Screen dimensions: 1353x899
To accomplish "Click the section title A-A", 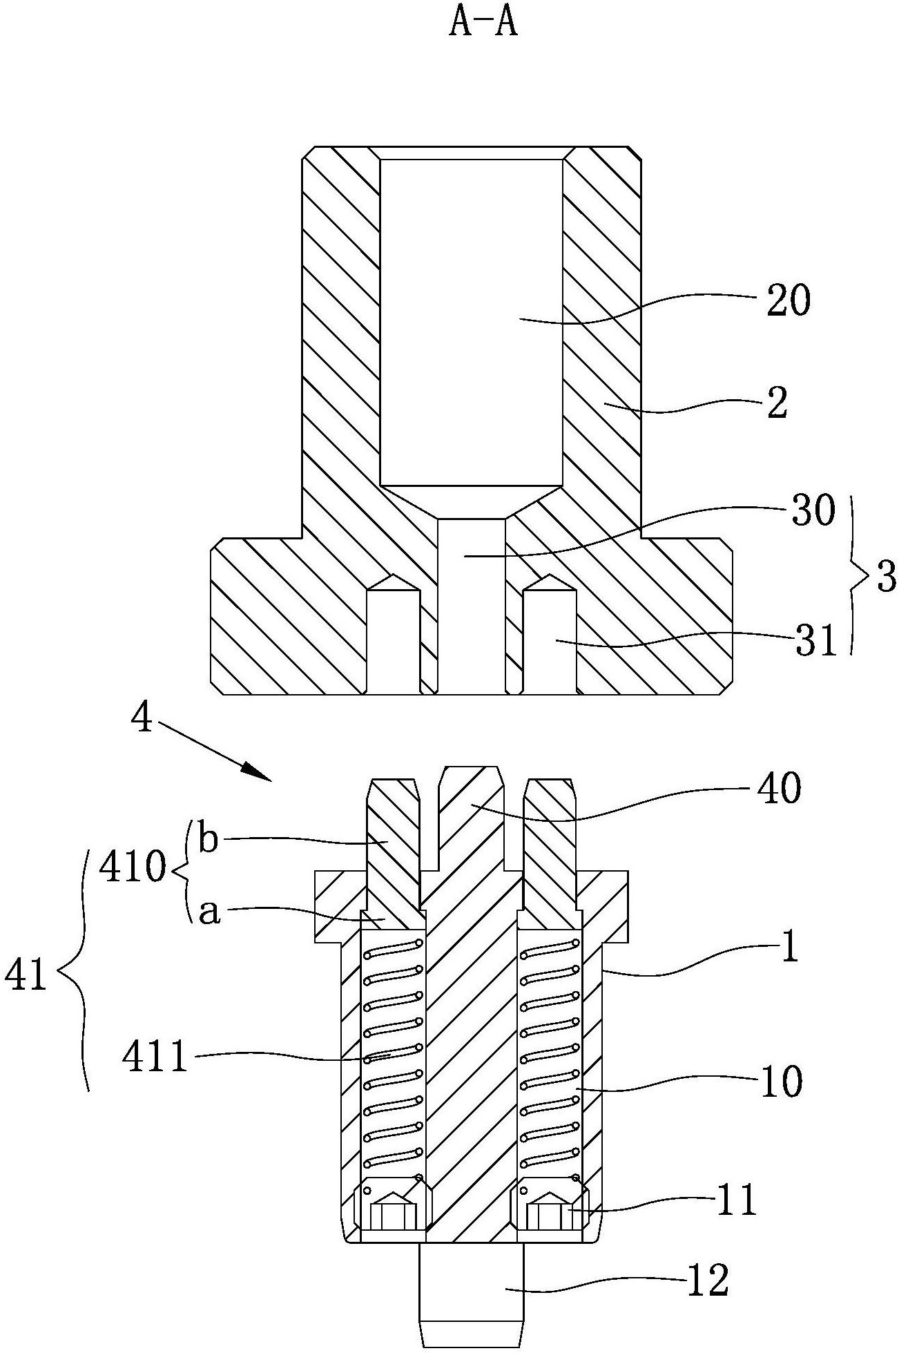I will (x=483, y=24).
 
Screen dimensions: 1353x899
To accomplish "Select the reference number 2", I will (x=776, y=404).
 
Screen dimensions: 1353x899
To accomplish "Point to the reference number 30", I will (x=812, y=512).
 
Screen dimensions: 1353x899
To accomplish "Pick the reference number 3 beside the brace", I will (x=885, y=577).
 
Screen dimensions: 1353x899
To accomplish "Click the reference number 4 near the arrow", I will (x=141, y=721).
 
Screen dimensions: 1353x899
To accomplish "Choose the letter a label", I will (x=209, y=913).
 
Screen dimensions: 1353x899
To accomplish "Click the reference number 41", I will (x=26, y=976).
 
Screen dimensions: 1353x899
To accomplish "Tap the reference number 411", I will (x=155, y=1057).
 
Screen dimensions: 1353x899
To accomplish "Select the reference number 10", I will (x=780, y=1082).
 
